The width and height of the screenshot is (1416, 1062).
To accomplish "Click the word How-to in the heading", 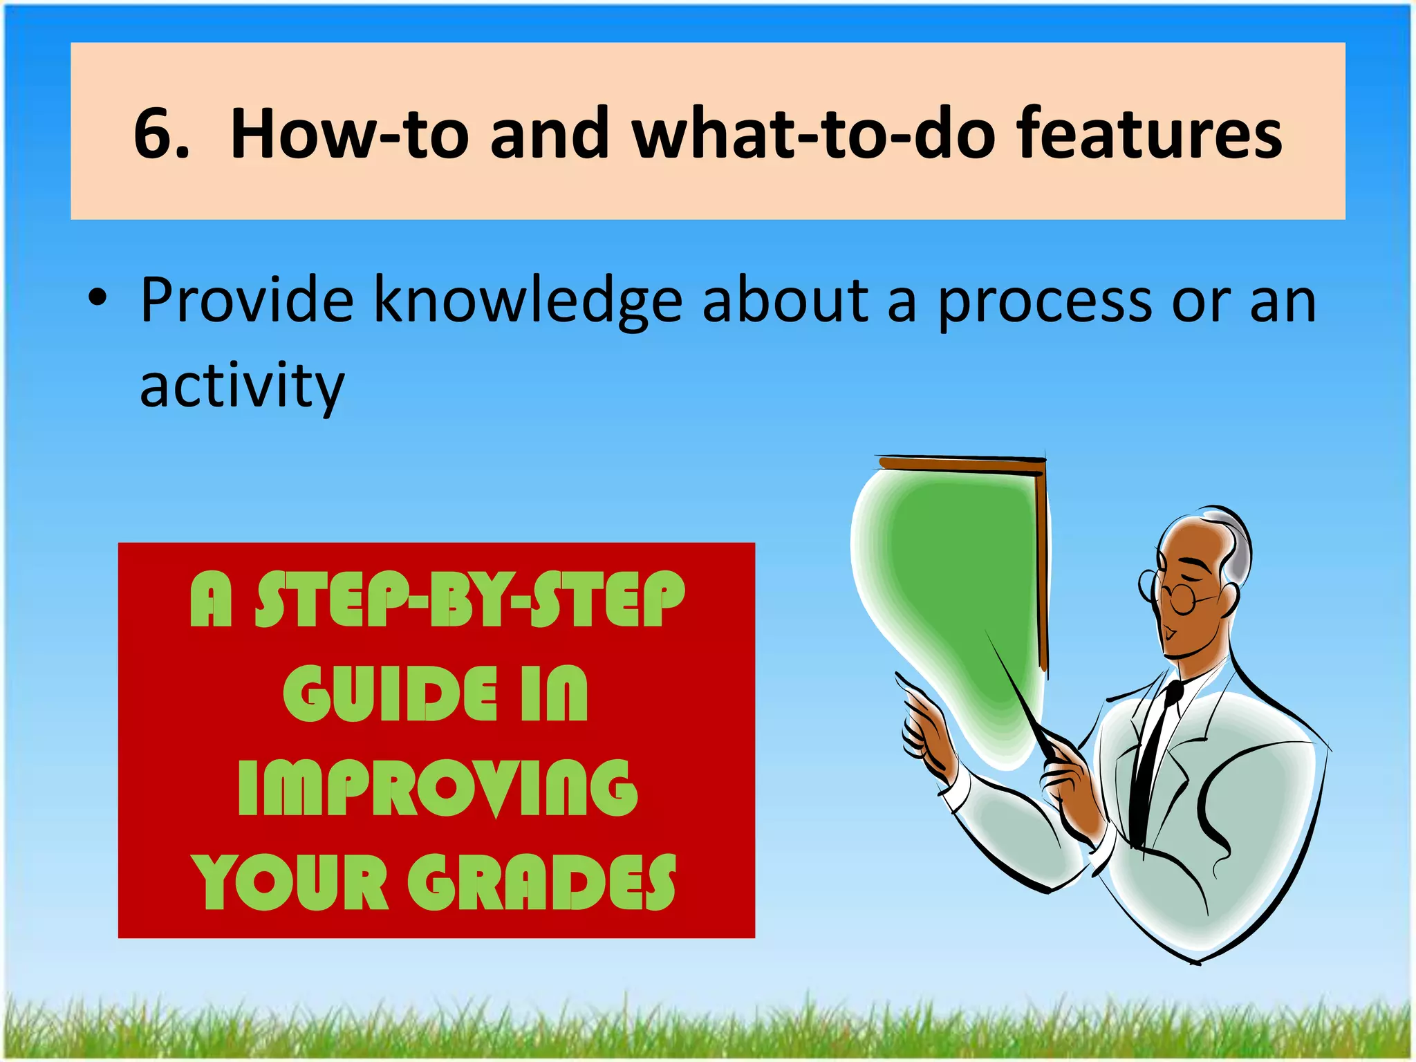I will point(349,133).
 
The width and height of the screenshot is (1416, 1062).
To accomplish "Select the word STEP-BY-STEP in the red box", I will point(470,600).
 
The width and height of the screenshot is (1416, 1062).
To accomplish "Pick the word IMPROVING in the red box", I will point(437,788).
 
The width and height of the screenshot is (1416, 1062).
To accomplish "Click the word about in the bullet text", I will point(785,300).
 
